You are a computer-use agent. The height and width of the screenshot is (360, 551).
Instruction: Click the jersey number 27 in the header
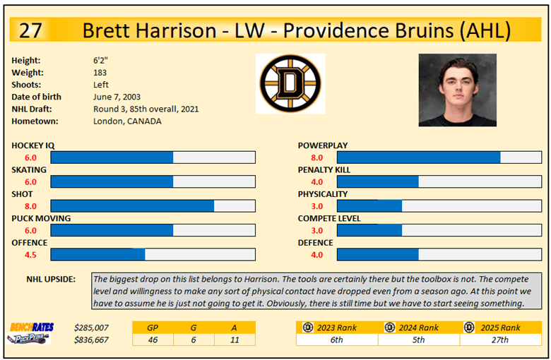tap(33, 30)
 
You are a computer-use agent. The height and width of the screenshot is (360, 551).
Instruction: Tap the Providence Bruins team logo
tap(290, 83)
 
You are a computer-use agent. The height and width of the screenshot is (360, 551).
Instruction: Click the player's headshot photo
tap(457, 90)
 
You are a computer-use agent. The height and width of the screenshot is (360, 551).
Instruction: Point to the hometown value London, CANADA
tap(127, 121)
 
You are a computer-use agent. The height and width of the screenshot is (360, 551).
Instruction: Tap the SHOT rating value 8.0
tap(31, 206)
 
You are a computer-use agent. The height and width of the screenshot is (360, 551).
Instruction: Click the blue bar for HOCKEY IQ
tap(112, 157)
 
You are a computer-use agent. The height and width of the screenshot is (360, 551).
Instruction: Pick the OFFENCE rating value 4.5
tap(31, 255)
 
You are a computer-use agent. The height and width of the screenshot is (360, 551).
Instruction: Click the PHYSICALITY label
tap(323, 194)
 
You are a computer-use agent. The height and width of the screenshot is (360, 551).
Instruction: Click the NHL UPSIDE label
tap(51, 279)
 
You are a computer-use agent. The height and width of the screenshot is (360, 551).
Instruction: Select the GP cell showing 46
tap(152, 340)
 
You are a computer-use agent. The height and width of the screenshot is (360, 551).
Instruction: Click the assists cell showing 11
tap(235, 340)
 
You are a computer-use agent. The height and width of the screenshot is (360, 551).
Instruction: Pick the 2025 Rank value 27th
tap(499, 340)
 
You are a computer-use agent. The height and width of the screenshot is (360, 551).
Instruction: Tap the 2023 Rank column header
tap(337, 328)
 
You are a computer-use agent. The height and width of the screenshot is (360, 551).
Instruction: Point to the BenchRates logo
tap(26, 328)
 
